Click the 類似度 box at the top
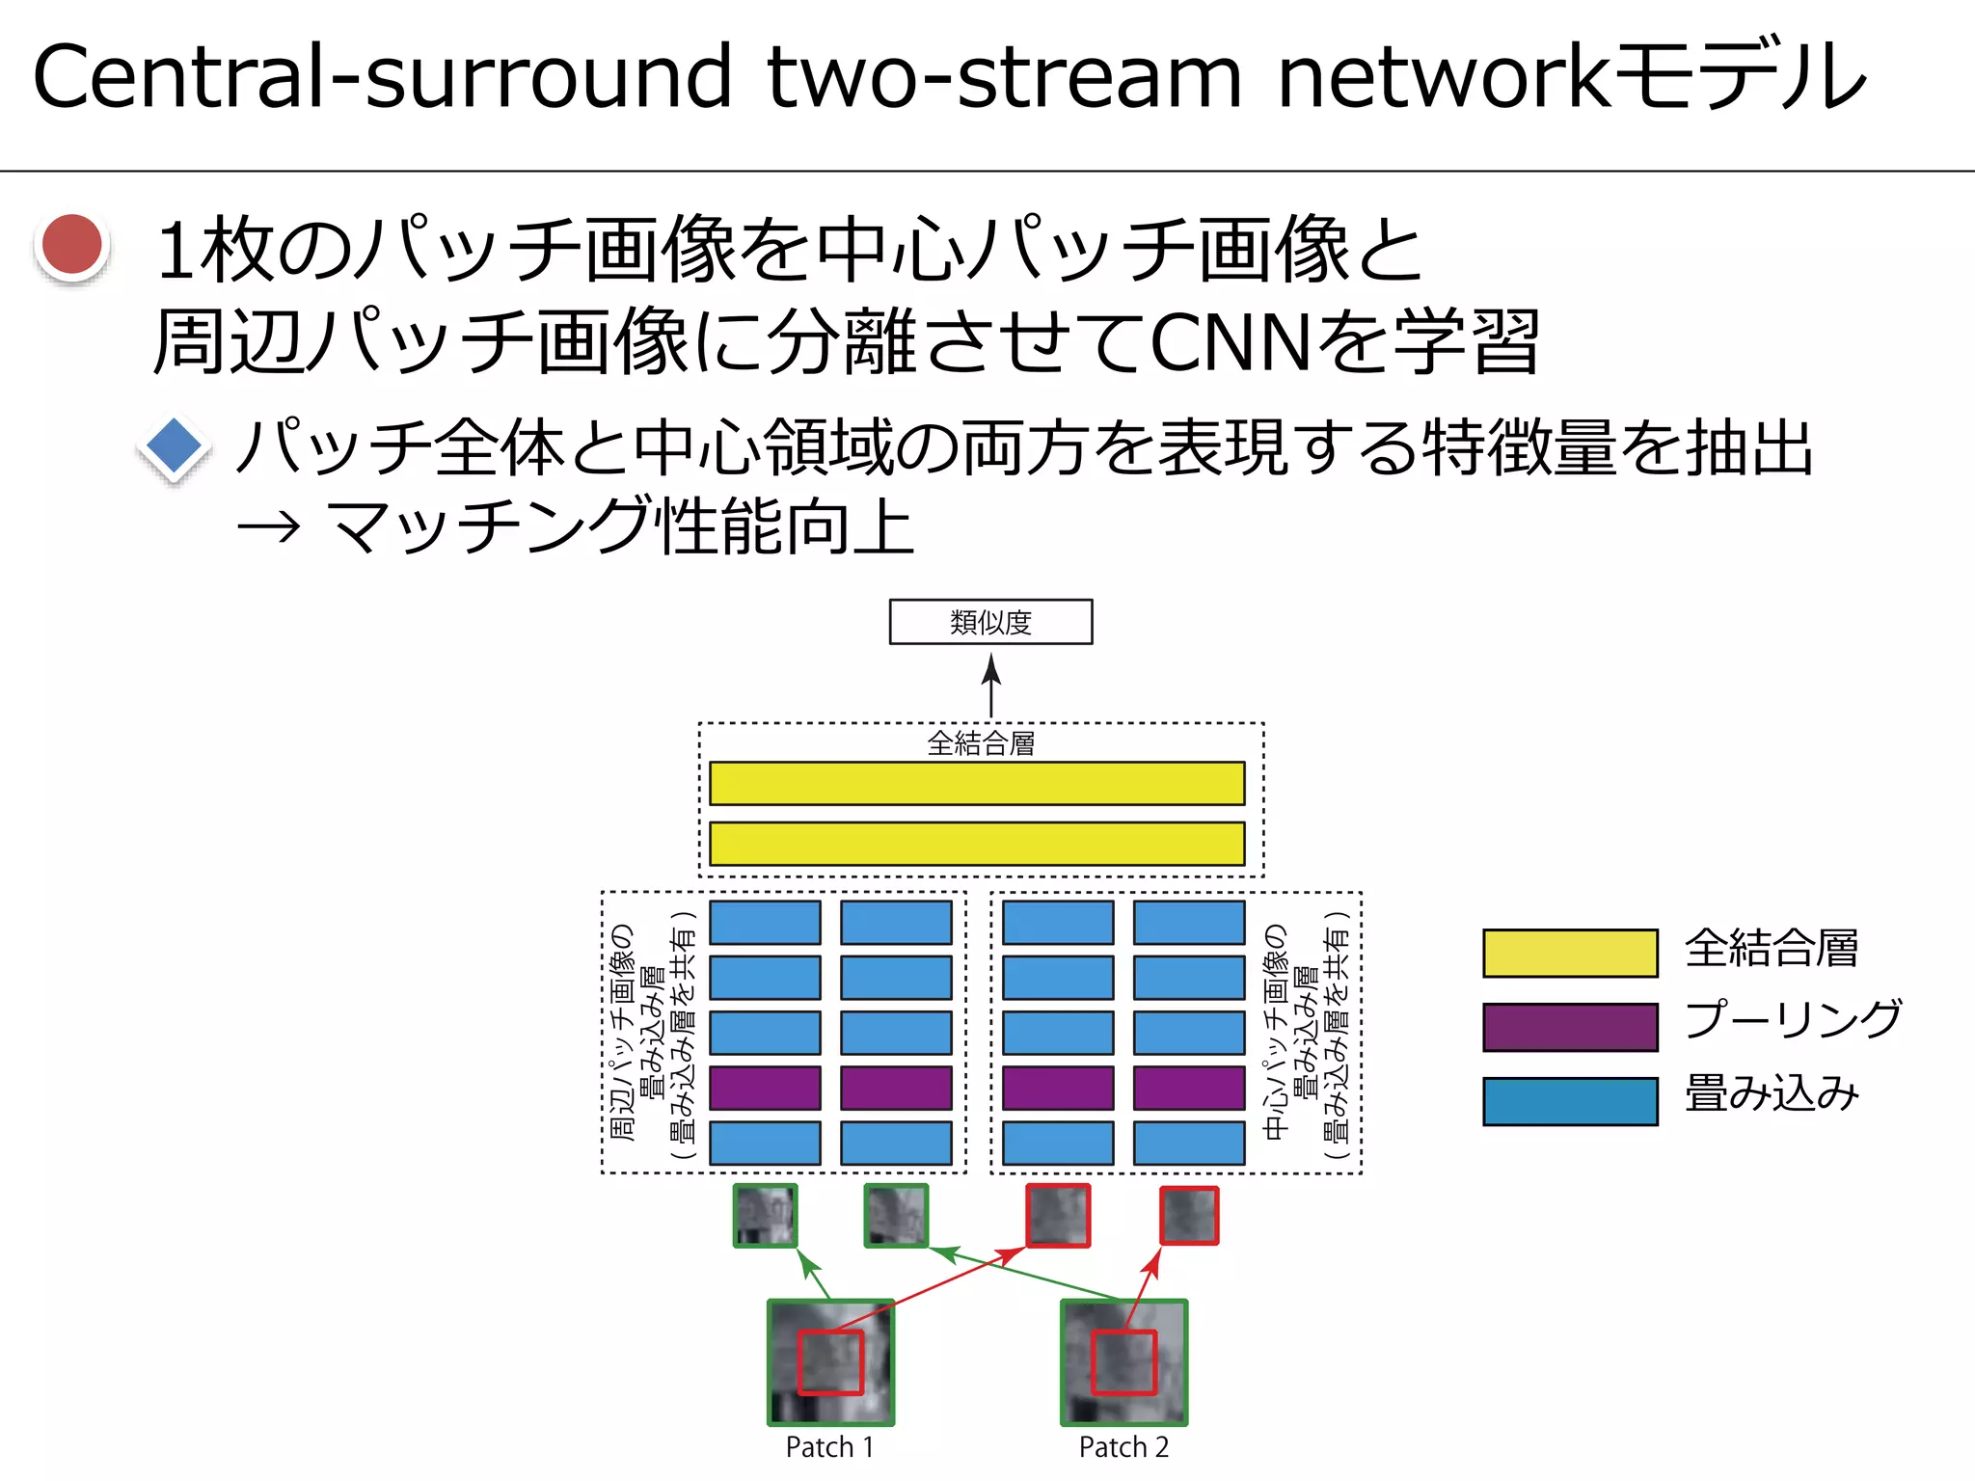click(990, 622)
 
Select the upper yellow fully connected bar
click(977, 783)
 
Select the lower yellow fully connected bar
click(977, 844)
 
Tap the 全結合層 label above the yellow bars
click(981, 743)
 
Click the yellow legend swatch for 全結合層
click(1570, 953)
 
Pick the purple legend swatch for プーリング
click(1570, 1027)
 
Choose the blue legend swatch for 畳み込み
click(1570, 1101)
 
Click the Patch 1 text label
click(829, 1447)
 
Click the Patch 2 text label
click(1123, 1447)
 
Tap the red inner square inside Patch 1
click(830, 1362)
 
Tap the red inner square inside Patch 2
click(1123, 1362)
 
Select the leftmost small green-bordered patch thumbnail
click(766, 1216)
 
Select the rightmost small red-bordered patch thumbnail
click(1189, 1216)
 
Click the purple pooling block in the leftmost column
click(766, 1088)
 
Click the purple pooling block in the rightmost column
click(1189, 1088)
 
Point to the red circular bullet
click(72, 245)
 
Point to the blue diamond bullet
click(174, 447)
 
